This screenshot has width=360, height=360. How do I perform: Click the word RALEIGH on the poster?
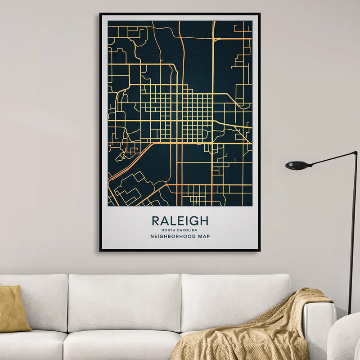180,221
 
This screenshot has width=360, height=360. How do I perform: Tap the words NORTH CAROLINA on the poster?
180,230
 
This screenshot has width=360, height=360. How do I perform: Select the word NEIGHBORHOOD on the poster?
171,236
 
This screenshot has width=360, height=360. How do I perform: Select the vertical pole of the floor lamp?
352,234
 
